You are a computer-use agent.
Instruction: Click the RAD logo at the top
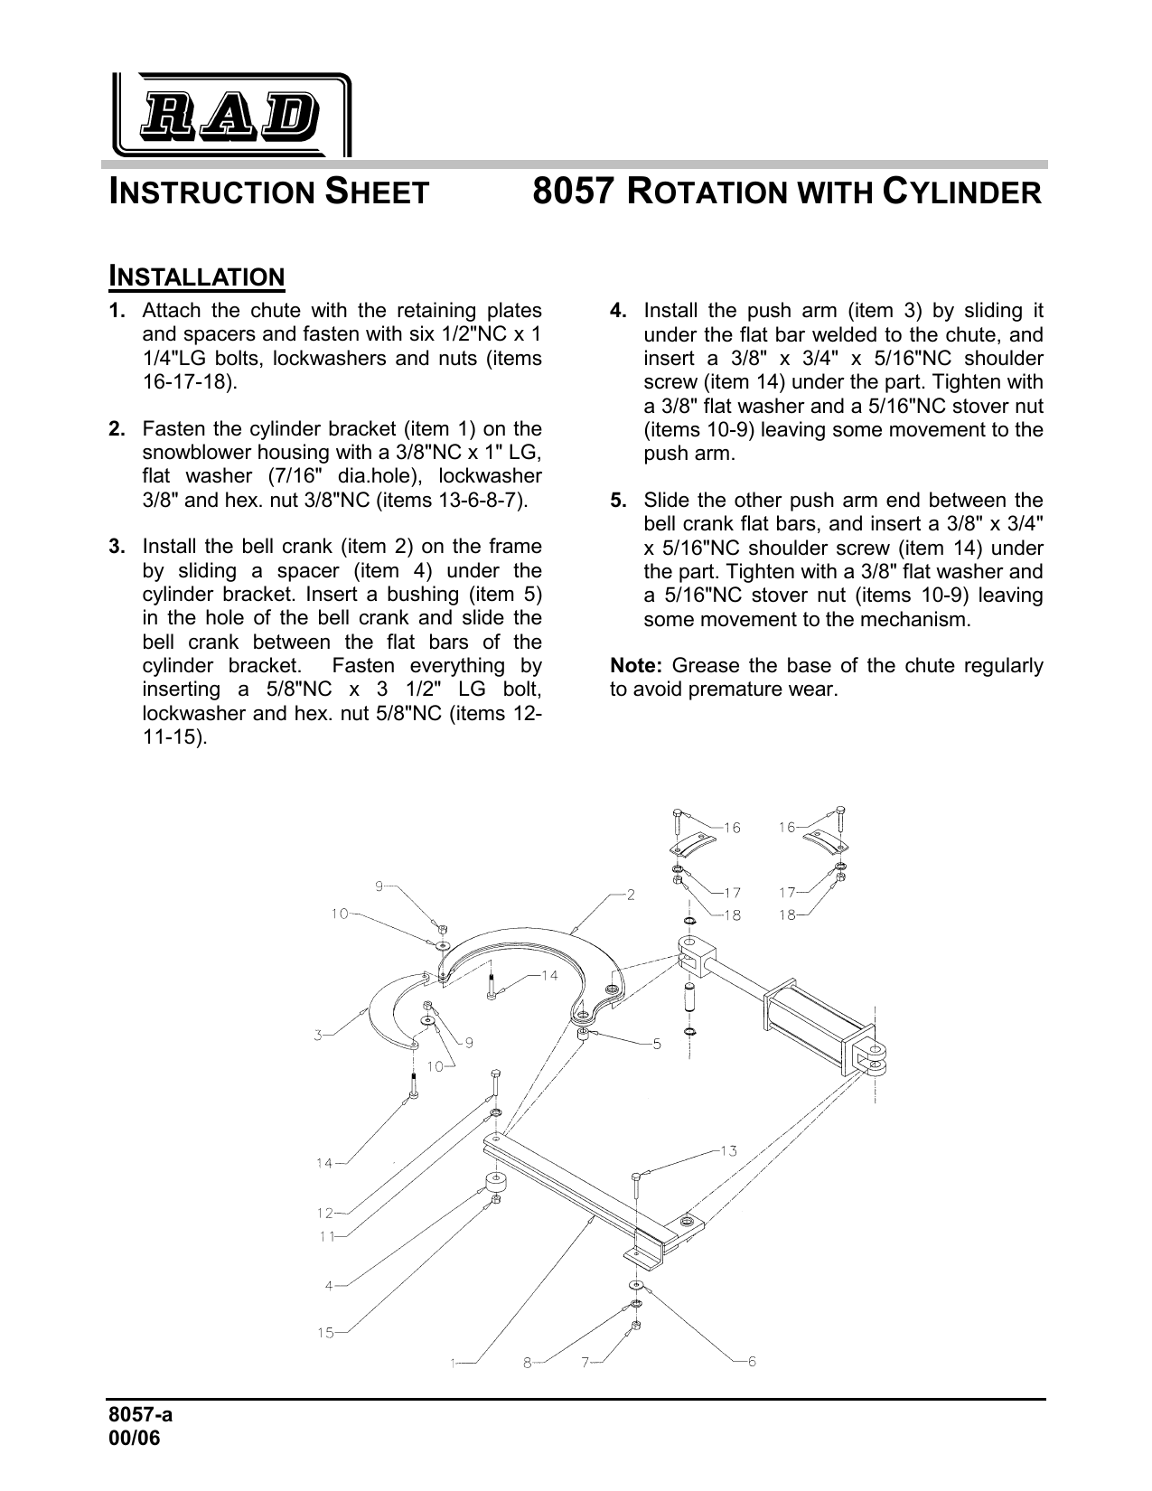230,116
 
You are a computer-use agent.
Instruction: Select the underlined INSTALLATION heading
197,276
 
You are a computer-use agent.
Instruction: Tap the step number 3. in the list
117,547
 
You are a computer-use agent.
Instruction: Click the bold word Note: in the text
637,666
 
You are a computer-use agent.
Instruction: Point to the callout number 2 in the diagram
631,895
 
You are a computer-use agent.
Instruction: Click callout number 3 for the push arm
318,1036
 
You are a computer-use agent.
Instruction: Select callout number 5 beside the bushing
657,1044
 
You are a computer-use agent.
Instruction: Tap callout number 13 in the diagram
727,1150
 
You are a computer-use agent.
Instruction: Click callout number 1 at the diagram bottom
456,1364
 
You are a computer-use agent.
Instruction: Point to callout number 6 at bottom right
751,1362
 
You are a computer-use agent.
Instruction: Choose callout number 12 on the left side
324,1213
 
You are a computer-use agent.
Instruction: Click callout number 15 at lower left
324,1332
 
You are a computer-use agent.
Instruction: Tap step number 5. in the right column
618,501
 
